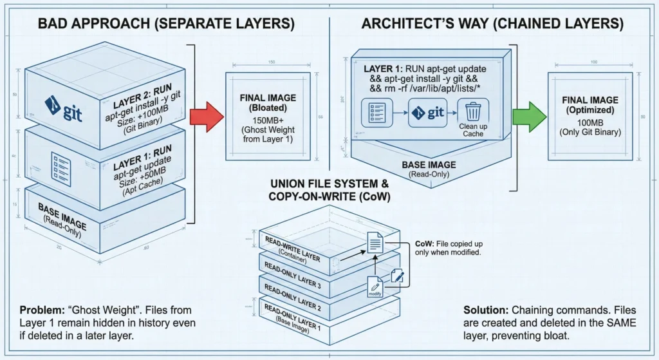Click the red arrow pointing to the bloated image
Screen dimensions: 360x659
tap(205, 117)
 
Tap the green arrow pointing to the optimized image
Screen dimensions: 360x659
tap(528, 115)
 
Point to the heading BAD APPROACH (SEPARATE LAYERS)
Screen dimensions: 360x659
tap(166, 24)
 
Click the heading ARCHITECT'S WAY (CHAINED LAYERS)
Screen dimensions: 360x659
tap(492, 24)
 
